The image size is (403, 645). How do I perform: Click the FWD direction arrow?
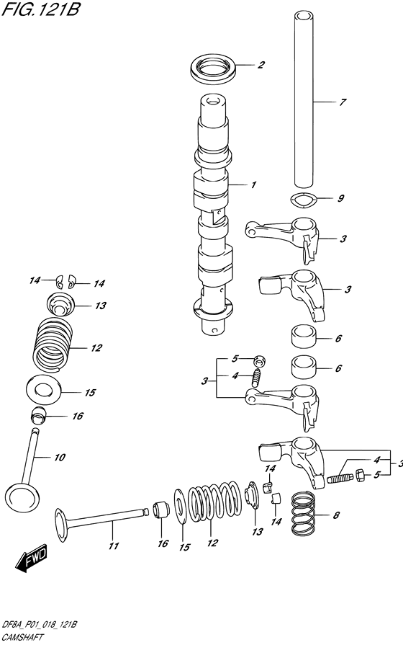tap(32, 559)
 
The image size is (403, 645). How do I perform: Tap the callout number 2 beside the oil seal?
tap(261, 65)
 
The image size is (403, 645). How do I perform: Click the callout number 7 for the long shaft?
tap(343, 102)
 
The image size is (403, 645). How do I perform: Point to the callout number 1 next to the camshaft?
tap(253, 185)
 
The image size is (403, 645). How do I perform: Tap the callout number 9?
tap(340, 198)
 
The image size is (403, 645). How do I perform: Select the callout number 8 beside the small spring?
tap(336, 515)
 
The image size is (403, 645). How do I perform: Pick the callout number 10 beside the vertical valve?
tap(60, 458)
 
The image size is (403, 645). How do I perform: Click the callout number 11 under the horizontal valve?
tap(114, 546)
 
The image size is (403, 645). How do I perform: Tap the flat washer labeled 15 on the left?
tap(44, 388)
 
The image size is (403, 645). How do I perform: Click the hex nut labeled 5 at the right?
tap(361, 476)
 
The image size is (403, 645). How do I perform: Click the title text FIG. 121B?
tap(40, 9)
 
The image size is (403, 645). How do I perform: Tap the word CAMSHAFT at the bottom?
tap(22, 638)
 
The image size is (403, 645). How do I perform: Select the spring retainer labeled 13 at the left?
tap(60, 305)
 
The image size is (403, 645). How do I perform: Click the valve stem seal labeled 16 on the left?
tap(40, 414)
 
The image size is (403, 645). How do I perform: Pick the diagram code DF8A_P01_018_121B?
tap(40, 626)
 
